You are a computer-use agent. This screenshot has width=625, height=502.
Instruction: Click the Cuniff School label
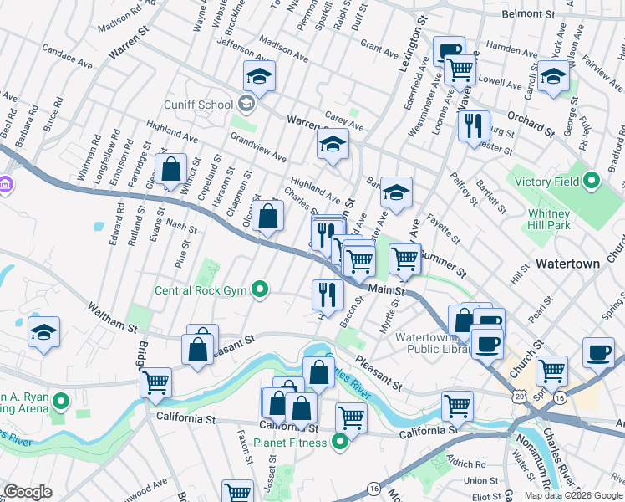click(199, 105)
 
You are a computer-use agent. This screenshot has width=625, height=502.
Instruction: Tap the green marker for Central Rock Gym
click(261, 290)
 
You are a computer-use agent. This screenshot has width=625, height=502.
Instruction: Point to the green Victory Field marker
click(592, 180)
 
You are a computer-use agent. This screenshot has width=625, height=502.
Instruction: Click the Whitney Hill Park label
click(548, 219)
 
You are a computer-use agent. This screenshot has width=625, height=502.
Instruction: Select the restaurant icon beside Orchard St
click(474, 125)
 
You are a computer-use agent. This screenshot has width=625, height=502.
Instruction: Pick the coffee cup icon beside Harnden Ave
click(449, 50)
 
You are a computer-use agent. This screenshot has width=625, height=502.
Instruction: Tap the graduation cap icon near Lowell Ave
click(552, 76)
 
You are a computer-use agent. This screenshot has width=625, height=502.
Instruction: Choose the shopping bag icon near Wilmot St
click(170, 169)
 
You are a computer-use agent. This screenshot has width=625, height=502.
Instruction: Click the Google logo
click(28, 492)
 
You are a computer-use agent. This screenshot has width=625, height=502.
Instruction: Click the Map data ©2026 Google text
click(572, 495)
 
